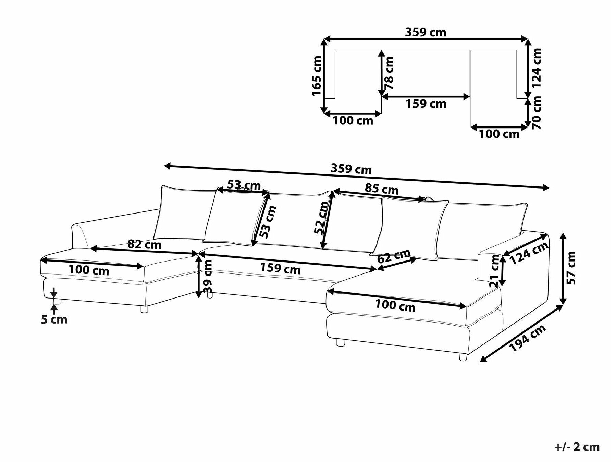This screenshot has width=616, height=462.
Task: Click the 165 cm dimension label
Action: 317,76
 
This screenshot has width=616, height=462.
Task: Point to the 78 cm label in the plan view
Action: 390,73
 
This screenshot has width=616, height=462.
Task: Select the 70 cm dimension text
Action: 537,112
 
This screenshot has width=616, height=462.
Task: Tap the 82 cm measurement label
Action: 144,244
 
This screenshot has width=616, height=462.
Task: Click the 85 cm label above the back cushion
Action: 382,189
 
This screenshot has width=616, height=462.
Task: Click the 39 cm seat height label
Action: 208,276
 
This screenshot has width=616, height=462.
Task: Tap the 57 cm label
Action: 571,268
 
